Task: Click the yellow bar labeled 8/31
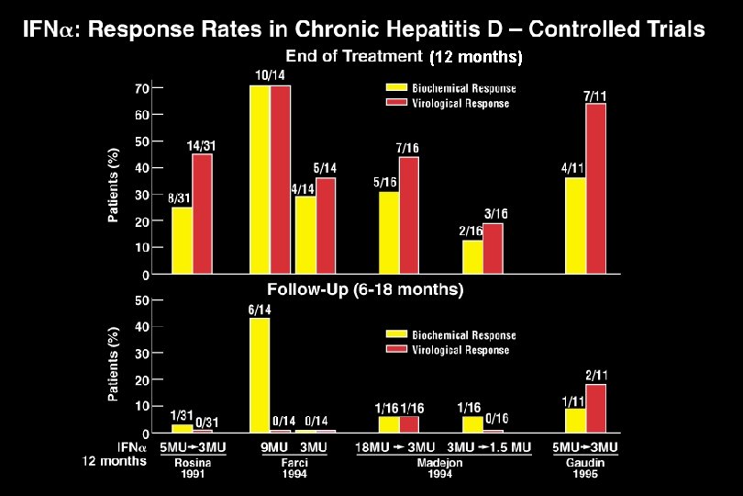point(183,240)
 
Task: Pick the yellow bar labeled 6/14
point(260,374)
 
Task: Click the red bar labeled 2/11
point(595,408)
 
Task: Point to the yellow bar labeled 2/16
point(472,256)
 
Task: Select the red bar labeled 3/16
point(493,248)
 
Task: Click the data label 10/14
point(270,74)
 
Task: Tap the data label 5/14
point(325,168)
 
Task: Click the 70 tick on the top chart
point(142,88)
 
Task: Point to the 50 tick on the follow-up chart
point(142,299)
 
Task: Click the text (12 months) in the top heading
point(475,58)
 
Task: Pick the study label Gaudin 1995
point(585,468)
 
